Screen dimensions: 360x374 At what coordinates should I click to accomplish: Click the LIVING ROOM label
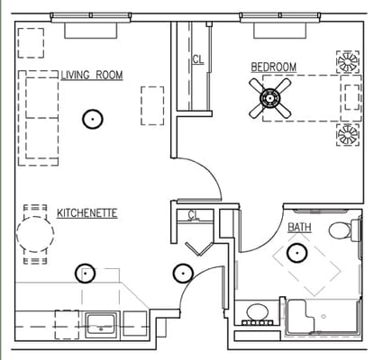[92, 75]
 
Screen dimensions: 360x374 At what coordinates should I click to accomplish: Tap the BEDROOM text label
[273, 67]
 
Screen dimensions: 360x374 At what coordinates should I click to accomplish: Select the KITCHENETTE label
[87, 213]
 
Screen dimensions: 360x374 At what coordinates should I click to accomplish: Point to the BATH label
[300, 228]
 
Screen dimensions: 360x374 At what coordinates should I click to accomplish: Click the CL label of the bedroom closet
[197, 60]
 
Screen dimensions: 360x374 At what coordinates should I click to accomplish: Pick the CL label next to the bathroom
[193, 214]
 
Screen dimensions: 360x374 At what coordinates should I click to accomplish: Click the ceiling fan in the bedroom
[270, 98]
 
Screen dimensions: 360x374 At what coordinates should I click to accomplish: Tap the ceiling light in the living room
[91, 117]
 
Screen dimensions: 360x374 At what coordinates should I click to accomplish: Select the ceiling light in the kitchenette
[85, 273]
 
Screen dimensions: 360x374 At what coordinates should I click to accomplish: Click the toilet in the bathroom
[342, 230]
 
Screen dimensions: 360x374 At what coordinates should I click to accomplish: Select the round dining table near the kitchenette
[35, 235]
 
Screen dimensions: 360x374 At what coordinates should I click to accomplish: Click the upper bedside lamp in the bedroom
[347, 61]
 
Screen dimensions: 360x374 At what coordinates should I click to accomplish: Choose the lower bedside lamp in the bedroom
[347, 135]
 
